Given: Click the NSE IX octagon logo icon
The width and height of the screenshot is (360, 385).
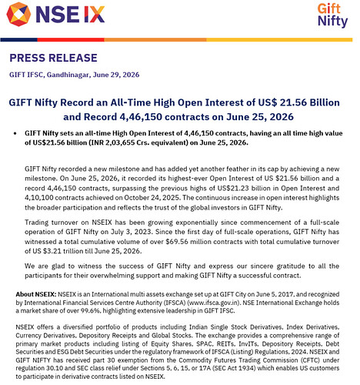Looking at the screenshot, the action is click(x=18, y=15).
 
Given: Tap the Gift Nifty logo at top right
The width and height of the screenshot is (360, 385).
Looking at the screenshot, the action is click(x=332, y=15).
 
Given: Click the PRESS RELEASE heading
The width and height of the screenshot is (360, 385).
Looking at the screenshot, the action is click(x=53, y=58).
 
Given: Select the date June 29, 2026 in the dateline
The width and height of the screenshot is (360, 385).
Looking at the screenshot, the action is click(x=116, y=75).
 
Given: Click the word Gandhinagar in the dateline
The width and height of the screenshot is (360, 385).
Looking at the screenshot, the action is click(x=68, y=75).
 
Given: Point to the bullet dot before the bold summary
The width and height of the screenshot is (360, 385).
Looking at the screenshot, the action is click(x=15, y=133).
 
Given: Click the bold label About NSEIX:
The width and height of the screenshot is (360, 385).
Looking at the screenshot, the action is click(x=36, y=294).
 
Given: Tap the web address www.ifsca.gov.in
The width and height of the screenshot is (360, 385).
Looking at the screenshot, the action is click(x=214, y=303).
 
